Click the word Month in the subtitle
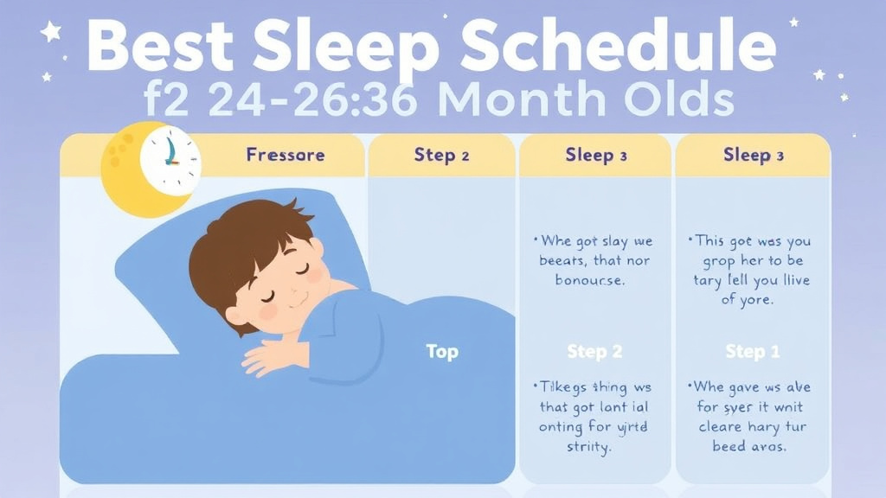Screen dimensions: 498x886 click(517, 100)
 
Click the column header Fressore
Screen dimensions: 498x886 click(286, 156)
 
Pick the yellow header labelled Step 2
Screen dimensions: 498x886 click(441, 156)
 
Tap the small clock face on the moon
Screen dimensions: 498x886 click(170, 159)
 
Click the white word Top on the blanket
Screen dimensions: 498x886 click(442, 352)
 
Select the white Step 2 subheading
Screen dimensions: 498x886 click(595, 352)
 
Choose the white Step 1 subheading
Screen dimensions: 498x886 click(752, 352)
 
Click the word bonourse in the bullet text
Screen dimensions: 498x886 click(594, 281)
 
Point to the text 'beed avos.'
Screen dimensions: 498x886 click(751, 447)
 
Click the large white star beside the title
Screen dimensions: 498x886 click(51, 33)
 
